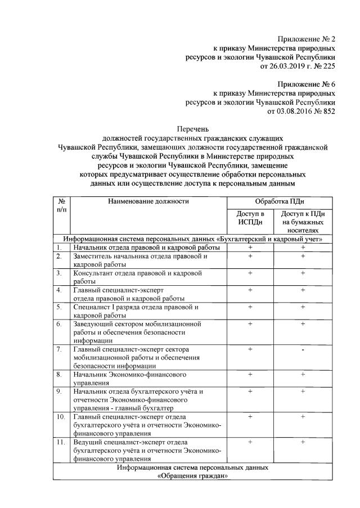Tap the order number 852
328,111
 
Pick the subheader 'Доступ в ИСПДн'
250,218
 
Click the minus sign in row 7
303,350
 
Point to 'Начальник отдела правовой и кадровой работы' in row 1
146,248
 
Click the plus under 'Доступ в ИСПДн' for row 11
250,442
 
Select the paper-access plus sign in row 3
303,273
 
